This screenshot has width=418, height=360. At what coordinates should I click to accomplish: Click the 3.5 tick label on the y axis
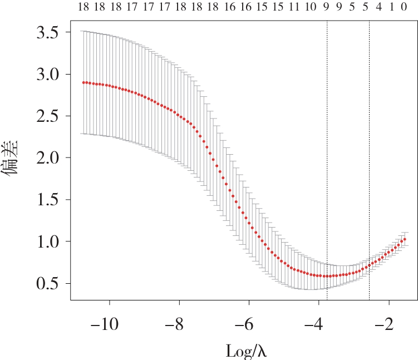point(47,33)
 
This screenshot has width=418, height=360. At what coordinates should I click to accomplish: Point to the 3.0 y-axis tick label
point(47,75)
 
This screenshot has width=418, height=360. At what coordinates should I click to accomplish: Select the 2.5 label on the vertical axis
point(47,116)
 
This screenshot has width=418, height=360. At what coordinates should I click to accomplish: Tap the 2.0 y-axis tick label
point(47,158)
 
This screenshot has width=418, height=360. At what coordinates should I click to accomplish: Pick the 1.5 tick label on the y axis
point(47,200)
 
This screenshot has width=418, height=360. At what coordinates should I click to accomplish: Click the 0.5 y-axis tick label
point(47,284)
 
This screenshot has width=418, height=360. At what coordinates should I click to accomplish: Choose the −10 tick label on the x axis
point(105,324)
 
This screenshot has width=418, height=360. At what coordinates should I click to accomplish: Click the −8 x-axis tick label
point(174,324)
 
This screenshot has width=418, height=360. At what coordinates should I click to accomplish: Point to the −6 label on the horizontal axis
point(244,324)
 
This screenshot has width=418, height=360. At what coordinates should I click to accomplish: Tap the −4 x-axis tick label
point(314,324)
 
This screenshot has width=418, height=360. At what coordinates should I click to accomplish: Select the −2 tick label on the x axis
point(384,324)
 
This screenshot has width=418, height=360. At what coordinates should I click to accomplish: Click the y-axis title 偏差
point(10,158)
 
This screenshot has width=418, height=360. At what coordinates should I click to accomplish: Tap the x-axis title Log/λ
point(247,351)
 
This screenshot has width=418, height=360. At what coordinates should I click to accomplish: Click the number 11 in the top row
point(294,7)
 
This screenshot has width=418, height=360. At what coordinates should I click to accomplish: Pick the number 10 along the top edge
point(311,7)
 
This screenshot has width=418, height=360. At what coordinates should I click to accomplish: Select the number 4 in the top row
point(379,7)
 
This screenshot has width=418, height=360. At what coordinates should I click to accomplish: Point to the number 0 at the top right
point(404,7)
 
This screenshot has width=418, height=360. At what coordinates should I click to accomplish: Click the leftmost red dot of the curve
point(83,82)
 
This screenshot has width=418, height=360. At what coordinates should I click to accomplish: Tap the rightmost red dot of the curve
point(405,239)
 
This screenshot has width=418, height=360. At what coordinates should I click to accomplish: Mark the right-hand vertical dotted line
point(369,160)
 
